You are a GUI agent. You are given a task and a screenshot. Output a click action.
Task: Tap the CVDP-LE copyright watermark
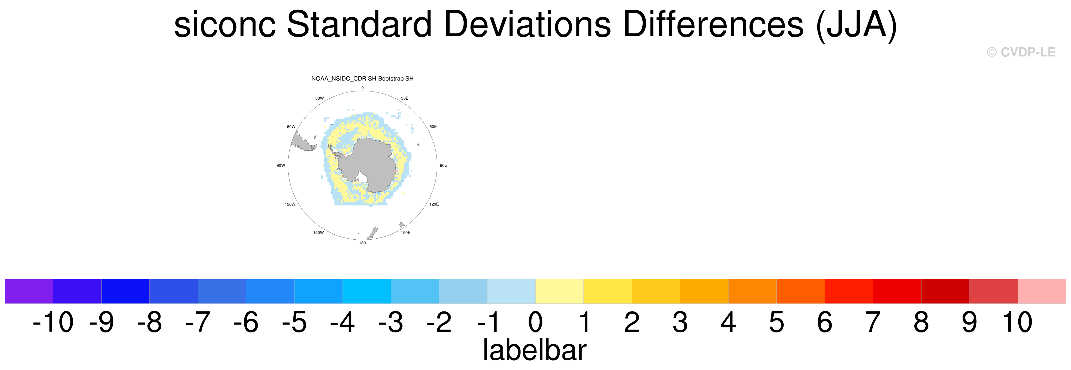point(1021,52)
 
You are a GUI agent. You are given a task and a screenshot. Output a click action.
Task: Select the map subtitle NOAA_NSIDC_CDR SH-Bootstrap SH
point(362,79)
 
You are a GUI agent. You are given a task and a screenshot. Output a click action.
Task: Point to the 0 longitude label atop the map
point(362,88)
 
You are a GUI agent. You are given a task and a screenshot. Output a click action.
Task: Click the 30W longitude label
point(319,98)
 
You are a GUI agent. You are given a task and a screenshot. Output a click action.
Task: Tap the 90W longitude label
point(281,165)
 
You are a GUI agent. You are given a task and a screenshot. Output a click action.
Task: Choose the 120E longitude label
point(434,204)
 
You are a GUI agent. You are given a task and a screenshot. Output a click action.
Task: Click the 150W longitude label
point(318,232)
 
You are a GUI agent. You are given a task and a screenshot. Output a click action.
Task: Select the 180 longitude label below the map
point(362,243)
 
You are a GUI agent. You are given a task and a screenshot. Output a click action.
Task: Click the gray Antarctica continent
point(368,164)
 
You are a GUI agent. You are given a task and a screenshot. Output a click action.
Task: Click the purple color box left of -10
point(29,291)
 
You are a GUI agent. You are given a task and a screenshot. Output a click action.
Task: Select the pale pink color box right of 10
point(1042,291)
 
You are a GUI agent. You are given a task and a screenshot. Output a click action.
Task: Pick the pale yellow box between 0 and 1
point(559,291)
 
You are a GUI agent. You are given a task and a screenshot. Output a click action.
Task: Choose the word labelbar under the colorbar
point(534,350)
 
